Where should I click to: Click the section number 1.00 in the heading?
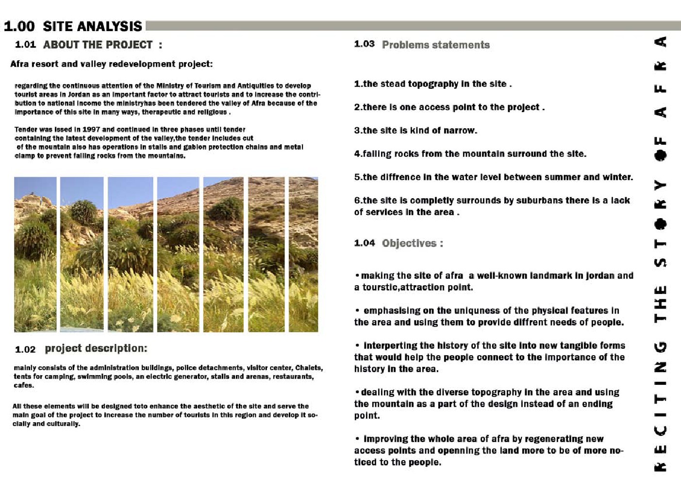click(x=19, y=26)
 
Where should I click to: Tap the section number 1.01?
click(x=25, y=45)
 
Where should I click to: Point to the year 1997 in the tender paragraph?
click(x=91, y=129)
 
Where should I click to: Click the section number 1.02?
click(x=25, y=349)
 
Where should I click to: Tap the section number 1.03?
click(x=364, y=44)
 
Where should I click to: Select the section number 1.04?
click(x=364, y=243)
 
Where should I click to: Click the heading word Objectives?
click(x=409, y=243)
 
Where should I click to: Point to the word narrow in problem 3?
click(x=460, y=130)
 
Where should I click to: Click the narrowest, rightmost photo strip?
click(x=303, y=254)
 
